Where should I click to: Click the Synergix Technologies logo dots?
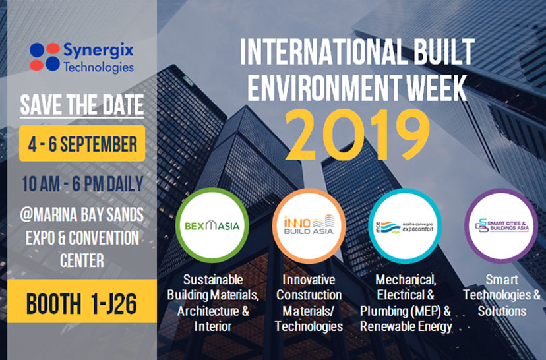44,57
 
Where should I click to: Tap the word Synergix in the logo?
98,50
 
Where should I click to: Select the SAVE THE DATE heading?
82,105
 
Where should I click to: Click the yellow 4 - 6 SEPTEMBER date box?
82,142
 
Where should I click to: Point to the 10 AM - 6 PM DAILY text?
82,183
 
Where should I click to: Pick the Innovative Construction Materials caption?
309,301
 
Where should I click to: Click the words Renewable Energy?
406,326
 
